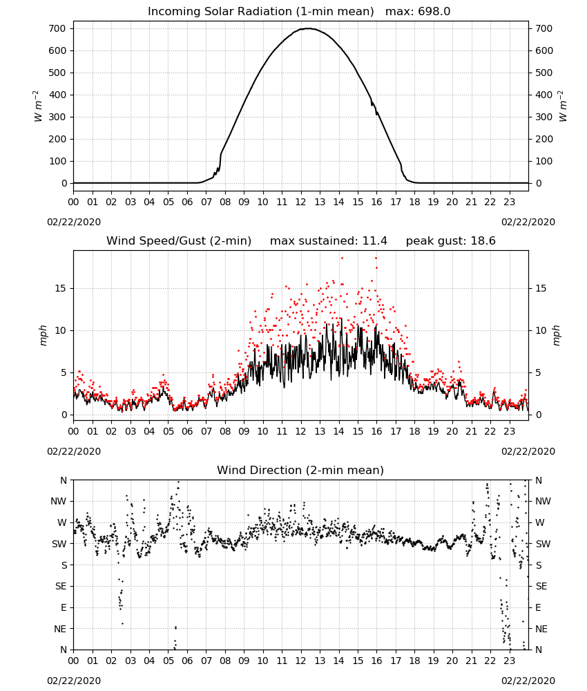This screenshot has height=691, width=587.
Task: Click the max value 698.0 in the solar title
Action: point(434,12)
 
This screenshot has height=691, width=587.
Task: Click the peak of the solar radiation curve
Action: point(308,28)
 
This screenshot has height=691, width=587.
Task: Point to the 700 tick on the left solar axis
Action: point(58,28)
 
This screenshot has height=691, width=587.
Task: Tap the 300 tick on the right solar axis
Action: point(544,117)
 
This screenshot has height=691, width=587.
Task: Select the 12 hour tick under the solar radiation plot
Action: point(301,202)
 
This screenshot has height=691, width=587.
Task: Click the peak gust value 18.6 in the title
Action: point(483,241)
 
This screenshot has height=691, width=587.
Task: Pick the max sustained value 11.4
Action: point(375,241)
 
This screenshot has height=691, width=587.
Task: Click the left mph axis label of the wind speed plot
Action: point(43,335)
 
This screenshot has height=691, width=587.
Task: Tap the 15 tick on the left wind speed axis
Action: point(61,288)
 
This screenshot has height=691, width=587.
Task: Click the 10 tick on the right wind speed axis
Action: point(541,330)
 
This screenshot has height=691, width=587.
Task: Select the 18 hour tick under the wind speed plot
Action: point(414,431)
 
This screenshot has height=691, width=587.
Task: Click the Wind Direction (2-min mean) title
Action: point(300,470)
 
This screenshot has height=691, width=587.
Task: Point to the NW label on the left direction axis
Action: point(59,502)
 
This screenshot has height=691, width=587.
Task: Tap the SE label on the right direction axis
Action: point(541,586)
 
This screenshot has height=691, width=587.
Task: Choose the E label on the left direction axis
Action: point(64,607)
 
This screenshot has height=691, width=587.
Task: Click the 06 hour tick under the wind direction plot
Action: point(187,661)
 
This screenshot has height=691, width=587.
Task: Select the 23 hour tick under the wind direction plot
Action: point(510,661)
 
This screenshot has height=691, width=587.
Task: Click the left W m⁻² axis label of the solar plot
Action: point(38,106)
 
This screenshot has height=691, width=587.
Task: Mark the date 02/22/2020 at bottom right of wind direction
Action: point(528,681)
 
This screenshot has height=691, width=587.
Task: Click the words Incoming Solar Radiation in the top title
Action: point(220,12)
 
